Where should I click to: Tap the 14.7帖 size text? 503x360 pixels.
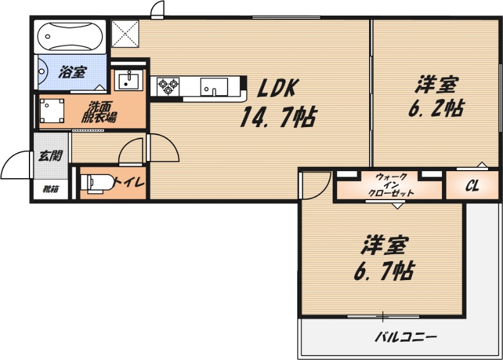277,117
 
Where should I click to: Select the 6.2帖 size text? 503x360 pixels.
436,108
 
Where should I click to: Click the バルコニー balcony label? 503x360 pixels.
405,337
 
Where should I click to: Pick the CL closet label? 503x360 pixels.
473,186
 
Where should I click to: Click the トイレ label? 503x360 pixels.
130,183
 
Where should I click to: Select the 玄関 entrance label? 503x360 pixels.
48,156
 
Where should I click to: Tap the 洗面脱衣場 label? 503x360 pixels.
101,112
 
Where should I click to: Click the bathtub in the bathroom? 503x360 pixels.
69,38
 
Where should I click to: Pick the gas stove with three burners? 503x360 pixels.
169,86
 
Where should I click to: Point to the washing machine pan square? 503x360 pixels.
52,111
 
